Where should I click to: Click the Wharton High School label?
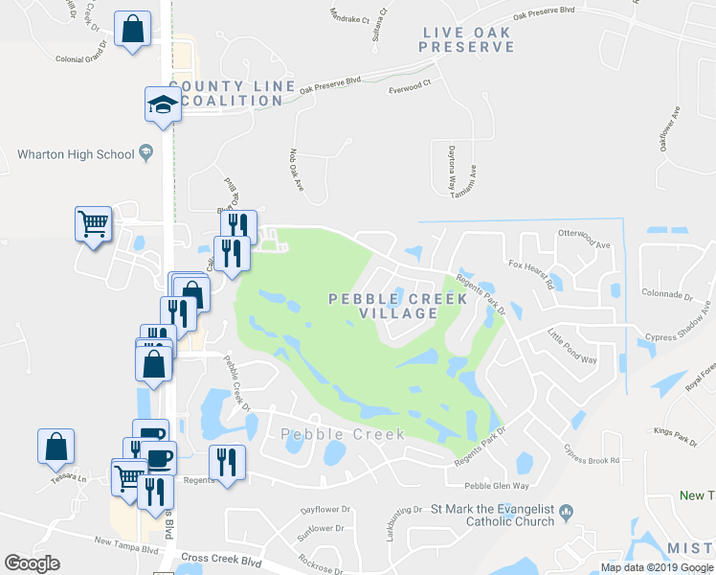pos(77,153)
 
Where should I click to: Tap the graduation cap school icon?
pos(163,103)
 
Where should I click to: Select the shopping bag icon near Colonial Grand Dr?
pos(131,29)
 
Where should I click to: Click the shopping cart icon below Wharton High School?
pos(94,225)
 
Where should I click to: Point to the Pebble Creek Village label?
pos(398,306)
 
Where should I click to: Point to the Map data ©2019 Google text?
pos(656,567)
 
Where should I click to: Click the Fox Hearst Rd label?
pos(531,274)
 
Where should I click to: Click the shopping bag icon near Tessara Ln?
pos(56,447)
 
